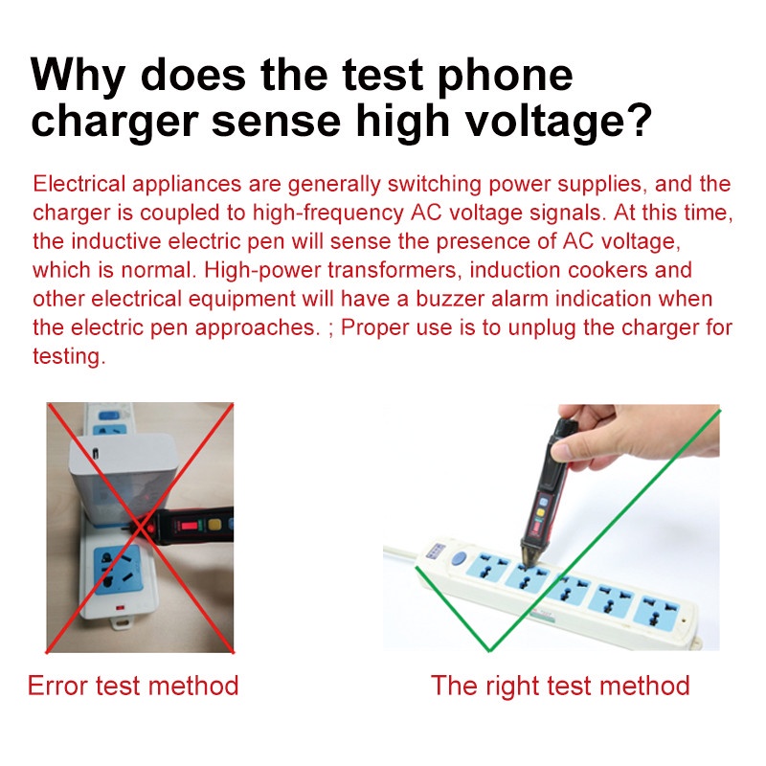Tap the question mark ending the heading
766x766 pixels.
(x=638, y=121)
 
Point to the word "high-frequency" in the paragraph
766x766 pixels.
(x=327, y=213)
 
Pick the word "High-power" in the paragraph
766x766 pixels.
(x=261, y=270)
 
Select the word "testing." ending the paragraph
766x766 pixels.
(x=69, y=356)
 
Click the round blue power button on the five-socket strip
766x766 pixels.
(x=459, y=558)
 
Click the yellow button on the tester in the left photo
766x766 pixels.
(x=214, y=525)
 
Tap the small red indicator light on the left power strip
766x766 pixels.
(x=121, y=609)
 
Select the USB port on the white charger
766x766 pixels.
(x=95, y=453)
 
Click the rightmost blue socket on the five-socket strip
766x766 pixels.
(x=658, y=610)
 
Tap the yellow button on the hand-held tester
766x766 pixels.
(x=541, y=513)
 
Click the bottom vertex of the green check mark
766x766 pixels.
(x=489, y=650)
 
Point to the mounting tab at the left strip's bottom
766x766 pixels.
(x=122, y=623)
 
